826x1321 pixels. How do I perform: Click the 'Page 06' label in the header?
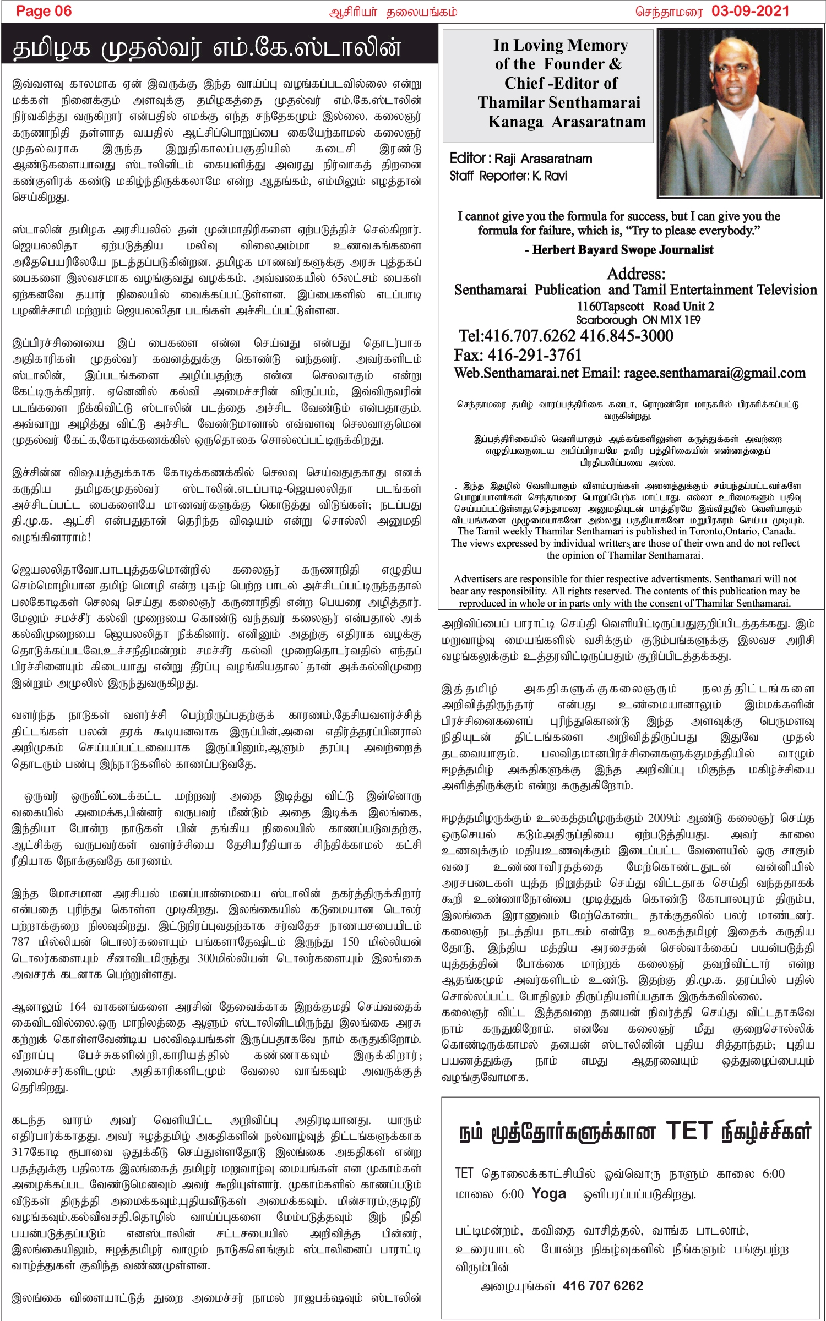click(x=44, y=11)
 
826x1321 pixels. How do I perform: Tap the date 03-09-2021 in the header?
click(x=750, y=11)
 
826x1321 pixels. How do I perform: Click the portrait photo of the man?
click(x=740, y=113)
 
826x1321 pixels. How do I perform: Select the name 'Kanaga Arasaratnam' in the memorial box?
click(x=567, y=122)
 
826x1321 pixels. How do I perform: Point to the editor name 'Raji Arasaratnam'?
click(x=543, y=159)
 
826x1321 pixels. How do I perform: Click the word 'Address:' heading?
click(x=636, y=274)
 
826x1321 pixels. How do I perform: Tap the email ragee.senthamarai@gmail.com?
click(x=714, y=373)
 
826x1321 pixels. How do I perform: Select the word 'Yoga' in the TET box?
click(x=549, y=1194)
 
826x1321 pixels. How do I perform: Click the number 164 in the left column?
click(x=78, y=1007)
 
